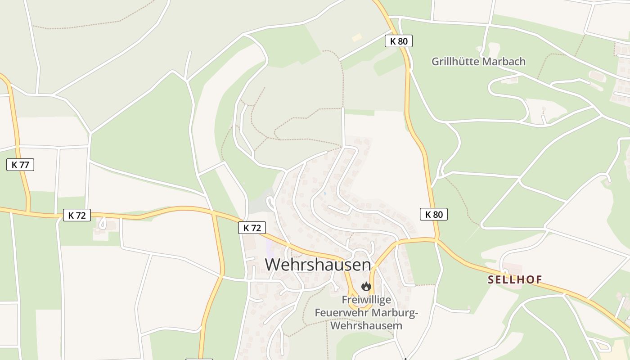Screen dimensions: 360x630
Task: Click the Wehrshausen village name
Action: pyautogui.click(x=318, y=265)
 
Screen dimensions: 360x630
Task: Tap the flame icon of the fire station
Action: pyautogui.click(x=366, y=286)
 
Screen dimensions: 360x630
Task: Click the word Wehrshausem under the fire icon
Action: pyautogui.click(x=366, y=325)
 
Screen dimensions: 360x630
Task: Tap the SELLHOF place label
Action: pyautogui.click(x=515, y=280)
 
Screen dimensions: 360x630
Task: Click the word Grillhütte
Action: pyautogui.click(x=454, y=61)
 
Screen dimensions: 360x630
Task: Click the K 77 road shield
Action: pyautogui.click(x=20, y=165)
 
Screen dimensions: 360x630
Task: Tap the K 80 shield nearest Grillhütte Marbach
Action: pyautogui.click(x=399, y=41)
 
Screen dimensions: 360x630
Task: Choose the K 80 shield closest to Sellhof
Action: pyautogui.click(x=434, y=214)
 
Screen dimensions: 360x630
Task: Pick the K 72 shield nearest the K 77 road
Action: pyautogui.click(x=77, y=215)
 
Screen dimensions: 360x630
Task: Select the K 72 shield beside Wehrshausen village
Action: pyautogui.click(x=252, y=228)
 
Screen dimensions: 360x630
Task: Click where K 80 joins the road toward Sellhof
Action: pyautogui.click(x=436, y=240)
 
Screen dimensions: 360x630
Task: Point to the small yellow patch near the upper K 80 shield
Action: pyautogui.click(x=357, y=38)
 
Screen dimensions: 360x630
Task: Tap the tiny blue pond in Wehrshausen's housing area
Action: pyautogui.click(x=324, y=193)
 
